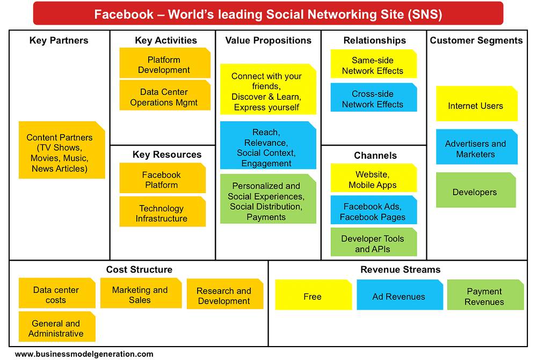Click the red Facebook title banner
pos(268,13)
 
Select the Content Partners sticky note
pos(62,150)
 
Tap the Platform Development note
pos(165,63)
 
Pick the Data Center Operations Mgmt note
pos(165,95)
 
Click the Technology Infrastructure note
pos(162,211)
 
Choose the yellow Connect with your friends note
pos(268,89)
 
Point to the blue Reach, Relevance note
pos(268,145)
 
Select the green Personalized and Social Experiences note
pos(268,199)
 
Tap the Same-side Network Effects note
pos(374,64)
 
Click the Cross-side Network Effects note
pos(374,97)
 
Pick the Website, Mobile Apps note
pos(374,178)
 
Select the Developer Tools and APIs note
pos(374,242)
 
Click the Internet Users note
pos(477,104)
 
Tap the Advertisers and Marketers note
pos(477,147)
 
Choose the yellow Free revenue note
pos(314,295)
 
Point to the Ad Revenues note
pos(400,295)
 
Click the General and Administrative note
pos(57,326)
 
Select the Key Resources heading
pos(167,155)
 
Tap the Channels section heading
pos(375,156)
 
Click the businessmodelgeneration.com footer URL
pos(84,354)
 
